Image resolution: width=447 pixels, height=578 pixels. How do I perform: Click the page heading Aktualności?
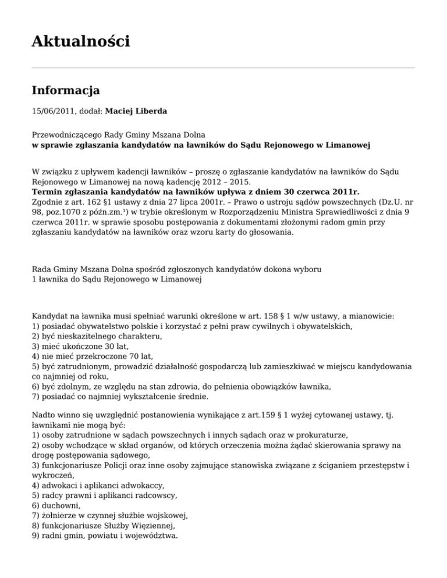point(80,41)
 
